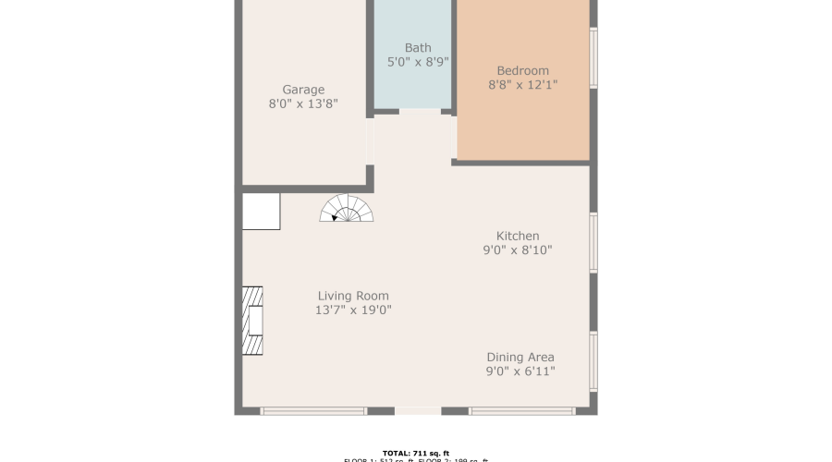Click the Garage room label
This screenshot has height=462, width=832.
click(303, 90)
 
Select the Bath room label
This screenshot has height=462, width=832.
click(418, 48)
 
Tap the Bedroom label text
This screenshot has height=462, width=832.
click(522, 70)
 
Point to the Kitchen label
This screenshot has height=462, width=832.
click(517, 236)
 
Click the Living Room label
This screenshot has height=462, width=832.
click(353, 296)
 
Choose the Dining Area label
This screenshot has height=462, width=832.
click(520, 357)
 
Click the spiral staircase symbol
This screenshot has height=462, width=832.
click(347, 209)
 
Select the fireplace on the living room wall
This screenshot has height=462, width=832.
click(252, 321)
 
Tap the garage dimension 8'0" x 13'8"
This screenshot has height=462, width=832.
click(303, 104)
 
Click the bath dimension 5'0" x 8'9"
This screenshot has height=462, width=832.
click(418, 63)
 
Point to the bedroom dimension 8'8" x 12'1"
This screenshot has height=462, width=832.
click(522, 85)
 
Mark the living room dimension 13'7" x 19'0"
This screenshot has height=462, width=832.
click(353, 310)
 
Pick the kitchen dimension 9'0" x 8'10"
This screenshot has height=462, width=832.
click(517, 250)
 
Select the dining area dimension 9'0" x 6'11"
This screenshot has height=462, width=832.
click(520, 371)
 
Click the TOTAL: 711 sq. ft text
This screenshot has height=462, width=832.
click(415, 453)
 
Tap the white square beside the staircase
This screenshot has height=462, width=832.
click(261, 211)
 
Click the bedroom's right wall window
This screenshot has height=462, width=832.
click(593, 57)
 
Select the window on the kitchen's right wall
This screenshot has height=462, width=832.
click(593, 243)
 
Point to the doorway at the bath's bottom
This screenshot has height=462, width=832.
click(420, 112)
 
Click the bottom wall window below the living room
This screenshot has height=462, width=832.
click(313, 410)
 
